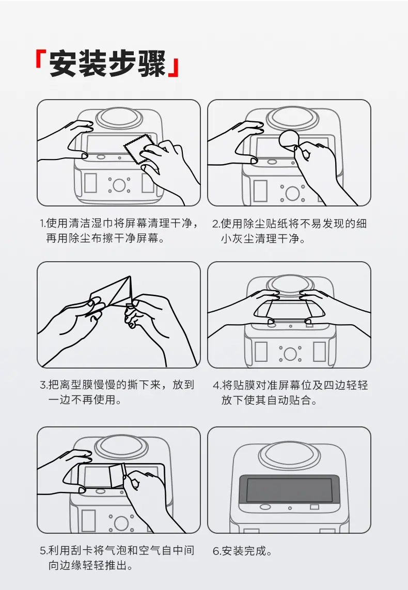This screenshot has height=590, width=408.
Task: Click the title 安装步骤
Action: [107, 63]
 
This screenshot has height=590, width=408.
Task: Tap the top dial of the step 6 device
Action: [289, 453]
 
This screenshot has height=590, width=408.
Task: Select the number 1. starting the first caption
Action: [42, 223]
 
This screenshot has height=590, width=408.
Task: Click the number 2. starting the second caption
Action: [216, 224]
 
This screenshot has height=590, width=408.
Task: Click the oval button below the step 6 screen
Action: [265, 507]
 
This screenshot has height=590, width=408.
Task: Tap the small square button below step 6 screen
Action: [315, 507]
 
